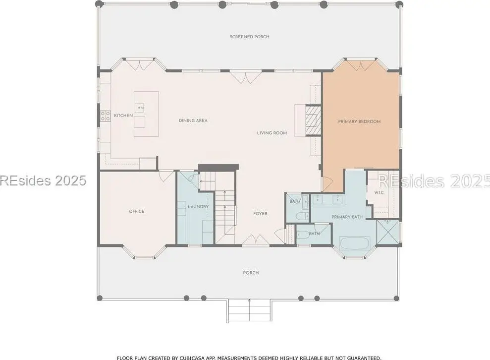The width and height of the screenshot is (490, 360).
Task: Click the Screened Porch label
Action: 249,37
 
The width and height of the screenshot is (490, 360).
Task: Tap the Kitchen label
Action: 123,116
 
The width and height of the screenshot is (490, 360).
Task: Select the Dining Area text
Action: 193,120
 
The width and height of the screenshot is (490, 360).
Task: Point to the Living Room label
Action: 272,133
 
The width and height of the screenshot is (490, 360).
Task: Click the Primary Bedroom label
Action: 359,121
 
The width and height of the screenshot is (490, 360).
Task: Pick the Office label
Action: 137,211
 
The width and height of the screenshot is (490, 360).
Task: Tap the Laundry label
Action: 198,207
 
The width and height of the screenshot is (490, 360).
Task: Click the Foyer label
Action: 260,214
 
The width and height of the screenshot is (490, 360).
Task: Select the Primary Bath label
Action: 347,217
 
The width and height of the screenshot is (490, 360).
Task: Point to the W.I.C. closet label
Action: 380,192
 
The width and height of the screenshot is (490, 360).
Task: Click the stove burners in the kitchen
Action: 105,116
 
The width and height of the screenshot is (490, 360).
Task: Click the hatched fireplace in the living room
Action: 313,120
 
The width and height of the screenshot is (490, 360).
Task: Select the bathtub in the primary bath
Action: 355,243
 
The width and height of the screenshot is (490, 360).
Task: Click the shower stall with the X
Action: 388,232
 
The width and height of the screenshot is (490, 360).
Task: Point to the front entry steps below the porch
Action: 249,310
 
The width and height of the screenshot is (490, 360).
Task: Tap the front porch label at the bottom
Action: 251,273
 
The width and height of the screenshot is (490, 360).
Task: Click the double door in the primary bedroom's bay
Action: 361,64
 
